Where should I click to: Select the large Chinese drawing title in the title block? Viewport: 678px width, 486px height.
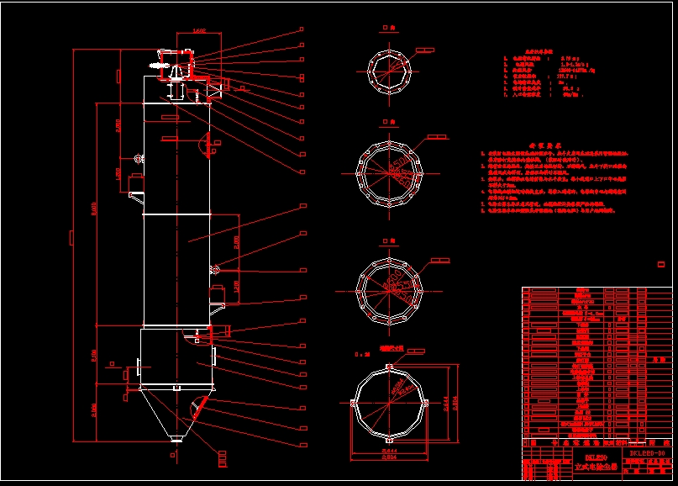[590, 464]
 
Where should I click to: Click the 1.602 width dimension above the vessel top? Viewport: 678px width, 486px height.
[199, 32]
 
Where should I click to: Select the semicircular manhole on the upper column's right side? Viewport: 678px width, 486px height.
[203, 144]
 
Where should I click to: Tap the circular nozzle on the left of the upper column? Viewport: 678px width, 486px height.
[137, 156]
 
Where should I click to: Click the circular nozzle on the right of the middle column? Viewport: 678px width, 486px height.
[216, 269]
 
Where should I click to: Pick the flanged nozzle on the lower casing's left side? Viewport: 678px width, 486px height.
[134, 369]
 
